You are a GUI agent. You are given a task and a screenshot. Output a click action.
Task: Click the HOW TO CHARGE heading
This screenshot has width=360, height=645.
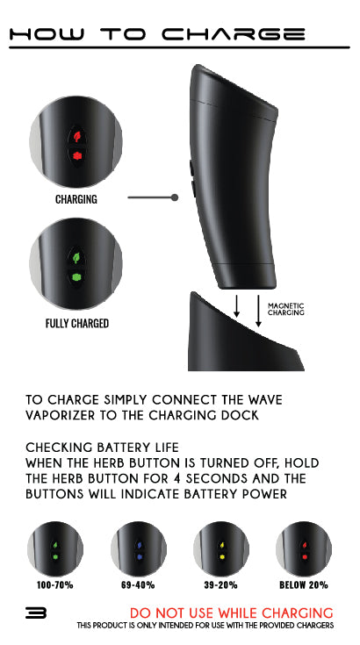157,34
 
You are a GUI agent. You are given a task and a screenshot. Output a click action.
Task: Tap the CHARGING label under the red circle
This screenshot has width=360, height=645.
76,199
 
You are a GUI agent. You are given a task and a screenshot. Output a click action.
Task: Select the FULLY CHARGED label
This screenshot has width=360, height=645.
77,323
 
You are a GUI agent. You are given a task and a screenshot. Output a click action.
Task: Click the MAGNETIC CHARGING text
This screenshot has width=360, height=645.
285,309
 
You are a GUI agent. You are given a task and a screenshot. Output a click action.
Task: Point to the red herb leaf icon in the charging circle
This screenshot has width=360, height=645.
76,136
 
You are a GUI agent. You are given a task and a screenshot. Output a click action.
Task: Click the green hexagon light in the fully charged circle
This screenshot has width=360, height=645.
76,277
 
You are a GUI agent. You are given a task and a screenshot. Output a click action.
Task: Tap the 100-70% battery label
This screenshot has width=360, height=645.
54,584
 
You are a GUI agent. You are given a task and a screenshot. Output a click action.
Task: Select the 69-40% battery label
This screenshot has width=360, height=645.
138,584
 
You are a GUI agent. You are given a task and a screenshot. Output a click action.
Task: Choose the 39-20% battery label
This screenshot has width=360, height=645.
221,584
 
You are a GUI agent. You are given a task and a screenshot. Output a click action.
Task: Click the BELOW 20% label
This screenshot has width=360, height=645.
304,584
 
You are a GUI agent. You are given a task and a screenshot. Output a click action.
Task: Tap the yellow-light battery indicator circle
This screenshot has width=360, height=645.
221,548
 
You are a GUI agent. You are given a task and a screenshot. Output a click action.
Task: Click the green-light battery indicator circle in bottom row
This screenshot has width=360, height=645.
54,548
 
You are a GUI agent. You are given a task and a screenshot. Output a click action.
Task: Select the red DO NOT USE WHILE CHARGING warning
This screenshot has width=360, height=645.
231,613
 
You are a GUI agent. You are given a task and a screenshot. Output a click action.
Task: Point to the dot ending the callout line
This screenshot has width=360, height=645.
175,198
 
